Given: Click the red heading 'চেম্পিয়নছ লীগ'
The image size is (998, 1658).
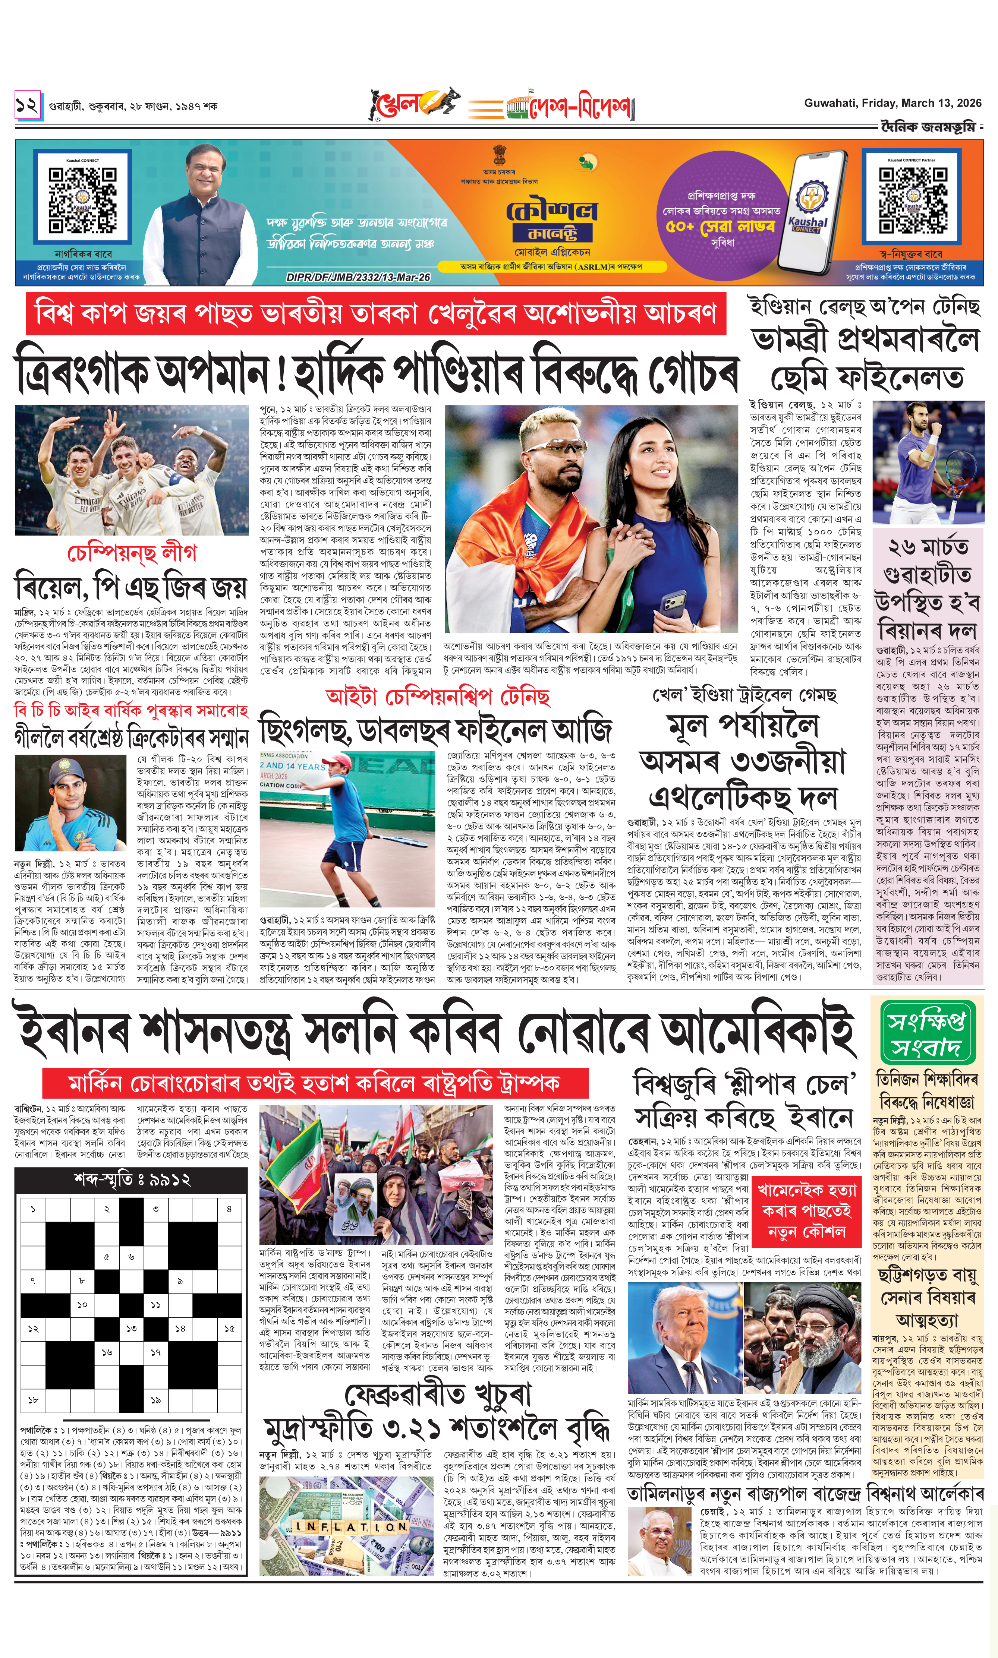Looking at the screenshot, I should coord(132,552).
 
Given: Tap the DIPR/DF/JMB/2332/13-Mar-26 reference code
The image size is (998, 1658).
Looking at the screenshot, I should coord(358,277).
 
